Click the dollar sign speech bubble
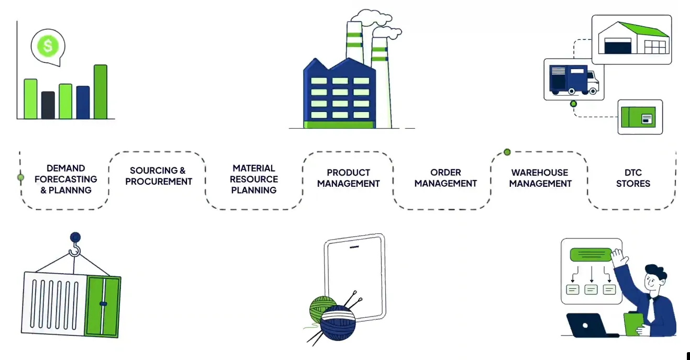point(48,47)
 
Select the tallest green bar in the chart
point(101,92)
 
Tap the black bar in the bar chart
point(48,105)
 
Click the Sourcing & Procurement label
point(158,176)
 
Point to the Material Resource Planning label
point(254,179)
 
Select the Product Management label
point(348,178)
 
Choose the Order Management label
point(446,178)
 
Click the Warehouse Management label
point(540,178)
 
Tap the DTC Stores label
point(633,178)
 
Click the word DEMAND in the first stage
point(65,168)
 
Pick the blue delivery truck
point(573,79)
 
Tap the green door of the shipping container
point(103,306)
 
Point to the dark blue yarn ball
point(338,323)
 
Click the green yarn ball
point(320,308)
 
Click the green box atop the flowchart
point(591,255)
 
